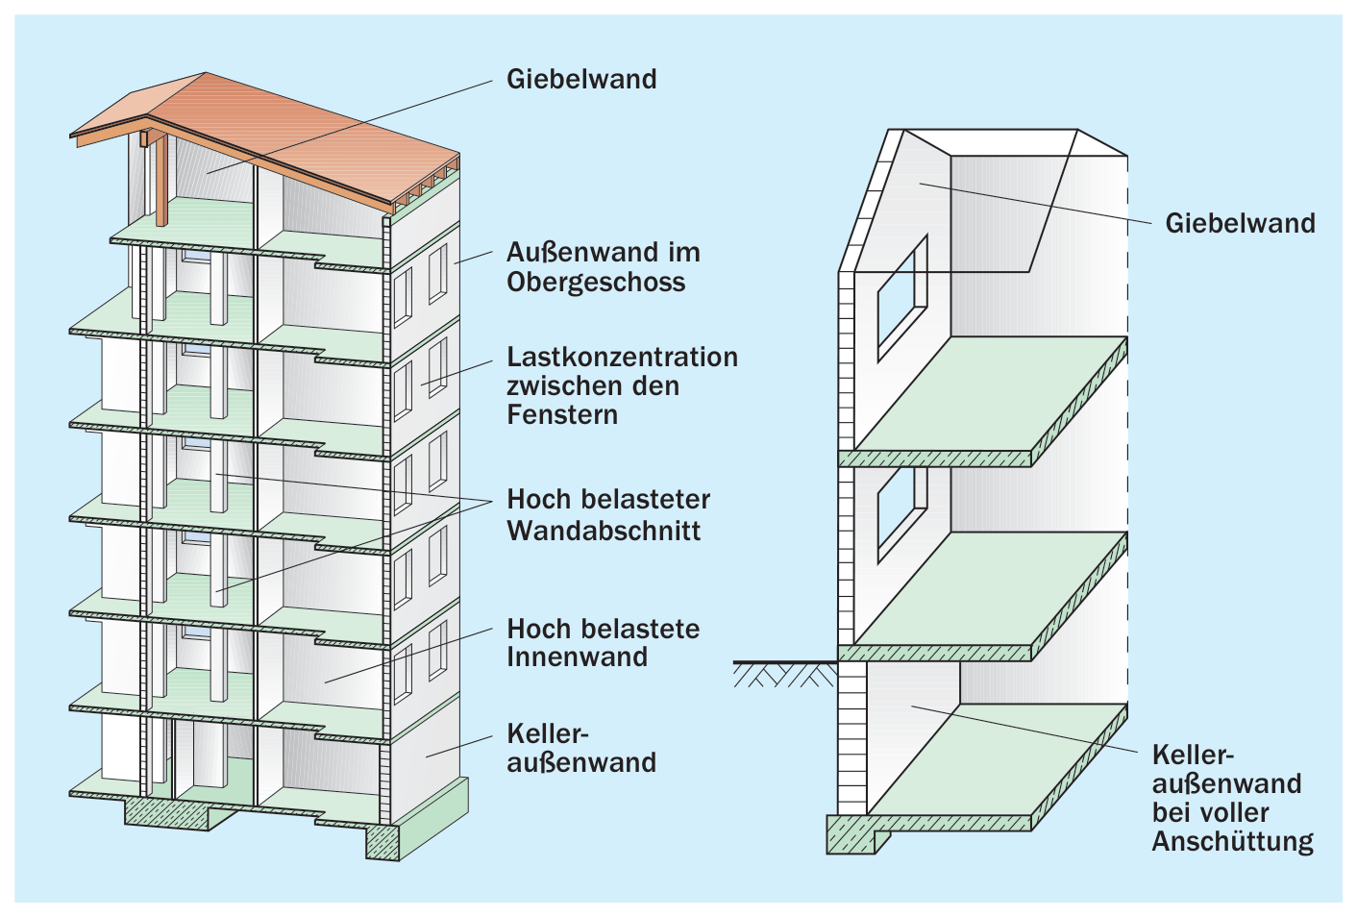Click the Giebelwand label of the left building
coord(581,80)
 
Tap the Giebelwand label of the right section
coord(1240,224)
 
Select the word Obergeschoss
coord(596,282)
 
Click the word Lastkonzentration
coord(622,357)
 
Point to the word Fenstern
coord(562,415)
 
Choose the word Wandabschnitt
coord(604,531)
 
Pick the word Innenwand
coord(577,657)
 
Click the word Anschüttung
coord(1233,842)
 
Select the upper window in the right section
coord(902,298)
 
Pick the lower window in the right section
coord(902,515)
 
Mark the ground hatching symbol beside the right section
coord(785,675)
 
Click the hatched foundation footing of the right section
coord(854,834)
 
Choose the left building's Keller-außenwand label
coord(581,749)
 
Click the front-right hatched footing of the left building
coord(382,842)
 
